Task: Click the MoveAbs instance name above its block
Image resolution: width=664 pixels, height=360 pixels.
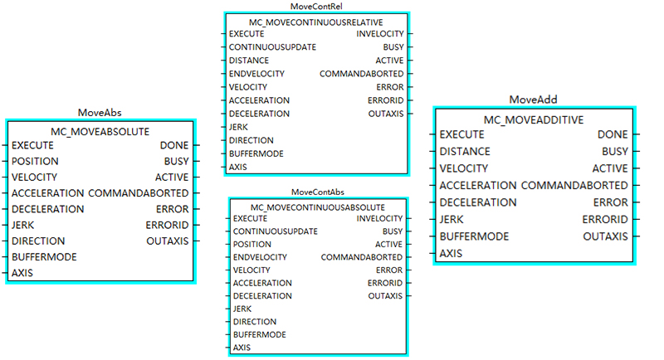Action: click(x=100, y=112)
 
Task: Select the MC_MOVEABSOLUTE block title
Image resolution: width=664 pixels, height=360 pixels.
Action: click(x=100, y=131)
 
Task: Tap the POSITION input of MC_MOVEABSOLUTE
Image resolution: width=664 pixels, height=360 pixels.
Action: click(x=35, y=161)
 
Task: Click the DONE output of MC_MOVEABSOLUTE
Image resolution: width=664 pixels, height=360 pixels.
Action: click(x=174, y=145)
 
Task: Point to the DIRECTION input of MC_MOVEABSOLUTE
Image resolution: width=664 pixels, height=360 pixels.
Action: click(x=38, y=241)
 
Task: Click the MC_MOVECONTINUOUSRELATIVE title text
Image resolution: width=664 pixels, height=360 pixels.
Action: click(x=316, y=21)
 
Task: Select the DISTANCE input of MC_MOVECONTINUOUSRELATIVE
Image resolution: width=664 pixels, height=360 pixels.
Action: click(x=249, y=61)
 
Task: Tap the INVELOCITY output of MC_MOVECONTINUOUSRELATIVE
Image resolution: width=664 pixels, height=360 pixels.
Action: click(x=380, y=34)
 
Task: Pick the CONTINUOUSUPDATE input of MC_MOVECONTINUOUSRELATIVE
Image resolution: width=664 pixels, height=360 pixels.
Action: click(x=272, y=47)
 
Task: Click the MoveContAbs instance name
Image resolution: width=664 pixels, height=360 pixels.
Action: click(x=317, y=192)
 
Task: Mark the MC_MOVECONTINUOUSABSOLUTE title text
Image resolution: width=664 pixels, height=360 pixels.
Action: click(x=317, y=206)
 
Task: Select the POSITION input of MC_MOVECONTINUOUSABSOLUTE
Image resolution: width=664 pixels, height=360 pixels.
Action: click(x=251, y=245)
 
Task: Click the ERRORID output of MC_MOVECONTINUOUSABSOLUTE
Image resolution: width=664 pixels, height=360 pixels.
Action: click(x=385, y=283)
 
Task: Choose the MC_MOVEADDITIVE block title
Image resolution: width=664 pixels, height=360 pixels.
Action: click(x=534, y=119)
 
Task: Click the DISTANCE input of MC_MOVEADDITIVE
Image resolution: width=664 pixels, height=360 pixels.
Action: click(x=465, y=152)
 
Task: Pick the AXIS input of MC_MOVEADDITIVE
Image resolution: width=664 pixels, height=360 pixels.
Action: click(x=451, y=253)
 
